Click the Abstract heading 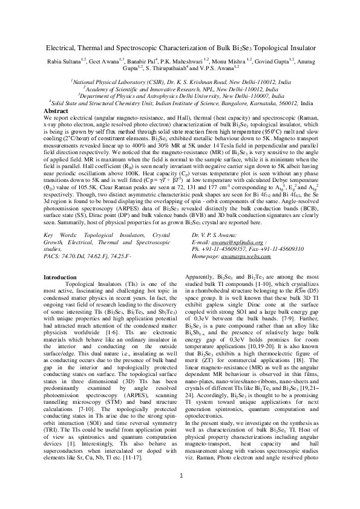[57, 111]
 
